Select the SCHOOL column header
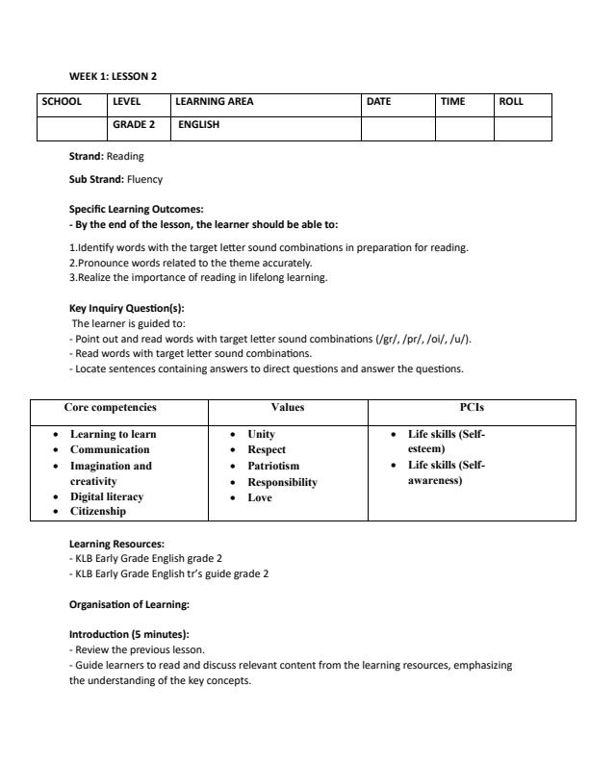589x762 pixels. [62, 101]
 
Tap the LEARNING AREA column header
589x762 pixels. [215, 101]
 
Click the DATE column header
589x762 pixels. [378, 101]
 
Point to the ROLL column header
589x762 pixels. [511, 101]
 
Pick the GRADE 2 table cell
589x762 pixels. [134, 125]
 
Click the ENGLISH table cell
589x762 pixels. [199, 125]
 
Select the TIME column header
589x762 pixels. [452, 101]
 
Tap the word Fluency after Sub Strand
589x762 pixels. [144, 179]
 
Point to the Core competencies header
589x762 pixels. [110, 408]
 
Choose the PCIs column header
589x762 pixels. [473, 408]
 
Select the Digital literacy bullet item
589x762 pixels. [107, 496]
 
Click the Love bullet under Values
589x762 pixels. [260, 497]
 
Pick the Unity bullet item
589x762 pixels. [261, 434]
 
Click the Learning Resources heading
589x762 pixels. [116, 544]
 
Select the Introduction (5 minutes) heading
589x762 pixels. [129, 635]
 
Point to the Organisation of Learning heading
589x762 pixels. [129, 604]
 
